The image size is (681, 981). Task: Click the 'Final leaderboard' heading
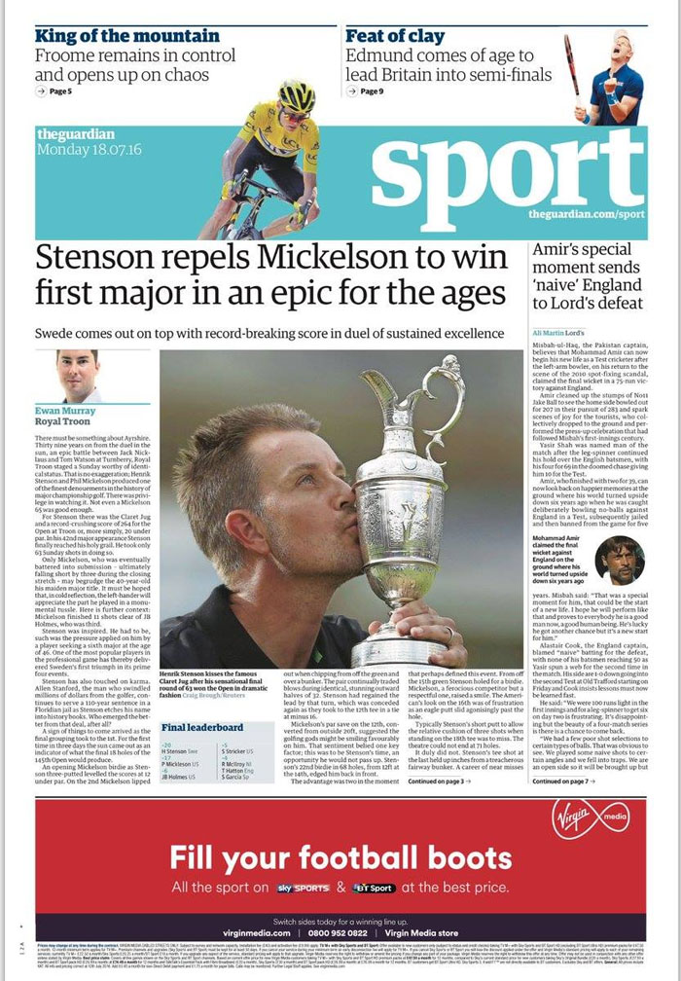[x=202, y=727]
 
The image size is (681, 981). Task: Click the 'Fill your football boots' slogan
[x=341, y=857]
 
